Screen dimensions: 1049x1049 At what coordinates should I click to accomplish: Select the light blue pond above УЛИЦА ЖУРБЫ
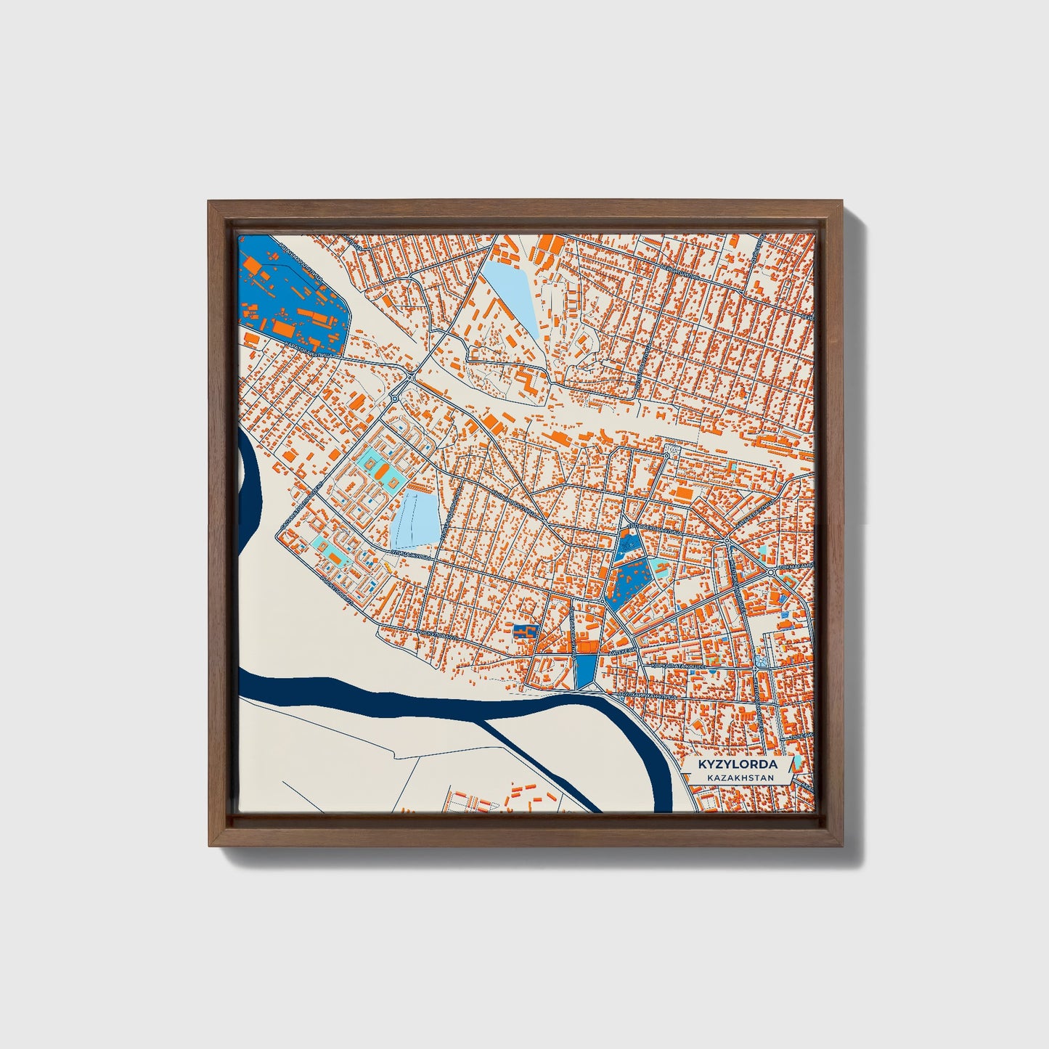(x=415, y=518)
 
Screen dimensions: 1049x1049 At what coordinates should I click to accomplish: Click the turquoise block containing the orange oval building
(x=379, y=469)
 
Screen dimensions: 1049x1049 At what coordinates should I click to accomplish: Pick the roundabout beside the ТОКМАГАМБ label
(x=771, y=573)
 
